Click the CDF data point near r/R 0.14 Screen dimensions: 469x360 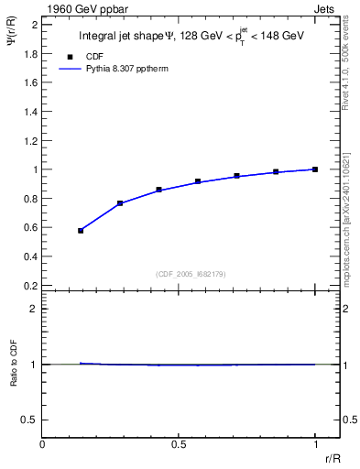(x=81, y=231)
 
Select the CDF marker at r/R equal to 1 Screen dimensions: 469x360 (x=315, y=169)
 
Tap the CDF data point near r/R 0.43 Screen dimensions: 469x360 (x=159, y=190)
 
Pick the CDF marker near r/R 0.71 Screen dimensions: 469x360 (x=236, y=175)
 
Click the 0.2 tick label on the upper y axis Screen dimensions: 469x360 (x=31, y=286)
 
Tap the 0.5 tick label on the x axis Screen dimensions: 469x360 (x=179, y=444)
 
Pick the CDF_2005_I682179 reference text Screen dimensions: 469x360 (x=179, y=274)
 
